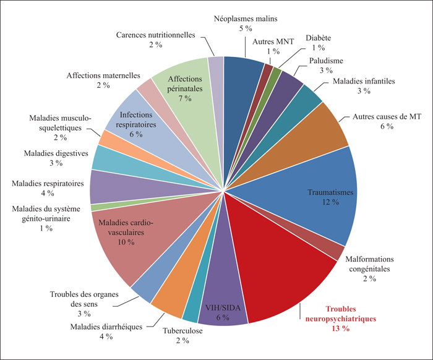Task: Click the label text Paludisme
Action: coord(326,61)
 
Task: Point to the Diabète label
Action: coord(318,38)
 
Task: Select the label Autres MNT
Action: coord(273,41)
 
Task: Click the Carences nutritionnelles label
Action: coord(155,35)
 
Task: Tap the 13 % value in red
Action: coord(341,328)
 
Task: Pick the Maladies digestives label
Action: coord(56,153)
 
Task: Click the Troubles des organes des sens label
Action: coord(84,299)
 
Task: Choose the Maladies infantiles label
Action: coord(364,81)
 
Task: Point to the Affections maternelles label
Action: coord(103,75)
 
